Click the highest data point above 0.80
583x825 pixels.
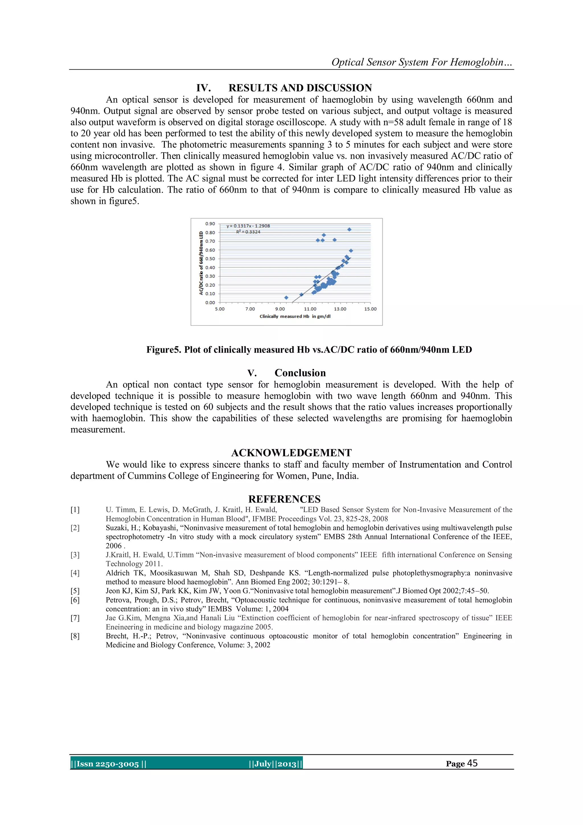tap(349, 229)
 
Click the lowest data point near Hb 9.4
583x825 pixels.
tap(286, 298)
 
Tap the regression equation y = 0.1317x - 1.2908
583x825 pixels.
tap(248, 226)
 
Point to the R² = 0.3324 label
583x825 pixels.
tap(248, 232)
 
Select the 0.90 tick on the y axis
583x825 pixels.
tap(210, 223)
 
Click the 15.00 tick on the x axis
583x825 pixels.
tap(370, 309)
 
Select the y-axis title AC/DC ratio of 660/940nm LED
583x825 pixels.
tap(201, 263)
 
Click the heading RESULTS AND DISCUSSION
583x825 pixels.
tap(300, 88)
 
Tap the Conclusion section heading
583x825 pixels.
tap(300, 373)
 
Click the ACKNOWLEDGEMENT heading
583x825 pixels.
tap(291, 453)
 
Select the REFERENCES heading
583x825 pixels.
tap(284, 499)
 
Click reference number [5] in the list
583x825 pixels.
tap(75, 591)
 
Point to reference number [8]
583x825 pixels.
tap(75, 636)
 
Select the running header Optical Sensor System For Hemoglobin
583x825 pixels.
tap(422, 62)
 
